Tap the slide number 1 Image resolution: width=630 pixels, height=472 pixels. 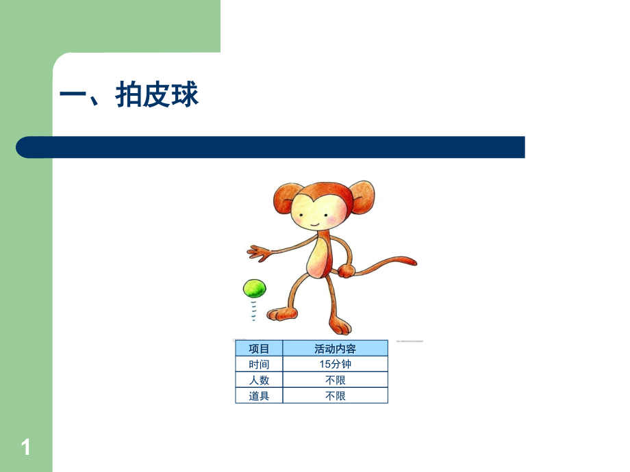(26, 448)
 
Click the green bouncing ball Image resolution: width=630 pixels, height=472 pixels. (254, 288)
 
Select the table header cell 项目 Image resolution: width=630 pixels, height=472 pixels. (259, 349)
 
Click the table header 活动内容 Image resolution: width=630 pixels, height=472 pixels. (335, 349)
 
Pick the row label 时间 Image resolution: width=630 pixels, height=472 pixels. (259, 365)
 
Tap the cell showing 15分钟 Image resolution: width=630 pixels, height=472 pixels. (335, 365)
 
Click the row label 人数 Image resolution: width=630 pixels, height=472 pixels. (259, 380)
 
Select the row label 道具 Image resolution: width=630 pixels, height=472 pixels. (259, 396)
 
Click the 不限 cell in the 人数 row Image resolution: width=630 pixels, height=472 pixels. (335, 380)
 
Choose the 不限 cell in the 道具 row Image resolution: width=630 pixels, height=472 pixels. (335, 396)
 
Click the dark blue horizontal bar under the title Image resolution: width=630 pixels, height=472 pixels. (274, 147)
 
